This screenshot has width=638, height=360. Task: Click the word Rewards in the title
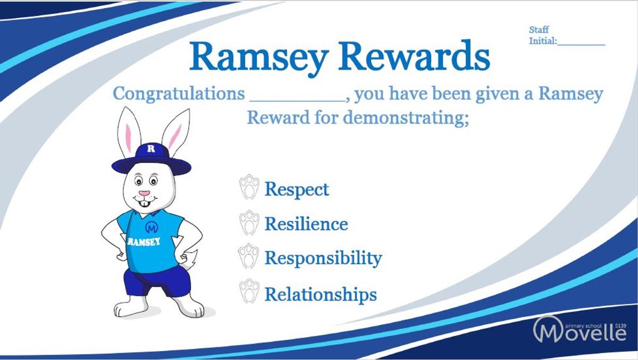coord(414,57)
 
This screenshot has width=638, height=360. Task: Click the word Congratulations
coord(179,94)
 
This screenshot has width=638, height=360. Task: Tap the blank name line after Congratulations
coord(298,101)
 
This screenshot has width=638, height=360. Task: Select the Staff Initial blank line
coord(581,45)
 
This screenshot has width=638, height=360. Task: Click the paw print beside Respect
coord(249,187)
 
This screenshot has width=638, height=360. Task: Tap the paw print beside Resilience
coord(249,223)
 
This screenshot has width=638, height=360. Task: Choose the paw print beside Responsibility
coord(248,256)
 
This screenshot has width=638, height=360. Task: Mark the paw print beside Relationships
coord(249,291)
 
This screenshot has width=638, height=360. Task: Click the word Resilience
coord(306,224)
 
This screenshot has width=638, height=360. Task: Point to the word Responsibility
coord(324,258)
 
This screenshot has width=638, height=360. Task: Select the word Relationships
coord(321,294)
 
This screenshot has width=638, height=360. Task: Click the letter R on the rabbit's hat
coord(151,149)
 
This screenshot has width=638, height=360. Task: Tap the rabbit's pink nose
coord(145,194)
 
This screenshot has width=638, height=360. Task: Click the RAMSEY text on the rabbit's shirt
coord(144,242)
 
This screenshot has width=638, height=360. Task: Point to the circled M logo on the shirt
coord(152,227)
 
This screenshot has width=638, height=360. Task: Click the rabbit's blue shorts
coord(156,281)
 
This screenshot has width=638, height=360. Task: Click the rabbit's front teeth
coord(145,204)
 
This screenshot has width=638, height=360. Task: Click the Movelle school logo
coord(580,330)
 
